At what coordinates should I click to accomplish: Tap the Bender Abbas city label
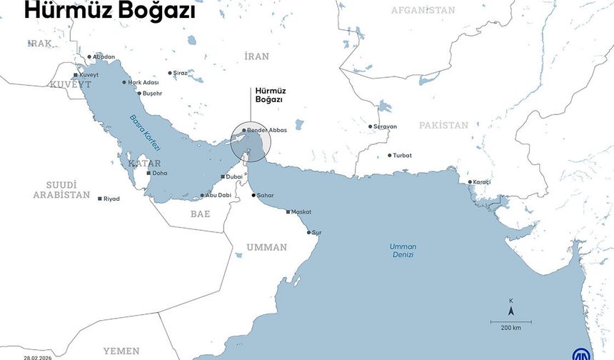click(268, 130)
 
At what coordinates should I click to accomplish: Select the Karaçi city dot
click(470, 182)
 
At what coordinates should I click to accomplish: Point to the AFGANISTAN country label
click(423, 10)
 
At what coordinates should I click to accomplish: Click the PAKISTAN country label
click(443, 125)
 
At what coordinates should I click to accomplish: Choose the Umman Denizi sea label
click(402, 250)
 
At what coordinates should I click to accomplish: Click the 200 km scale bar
click(510, 322)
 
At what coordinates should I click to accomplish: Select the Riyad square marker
click(99, 199)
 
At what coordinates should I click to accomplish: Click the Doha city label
click(160, 173)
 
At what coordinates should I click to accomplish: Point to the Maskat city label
click(301, 212)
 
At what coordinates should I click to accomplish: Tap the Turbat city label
click(403, 155)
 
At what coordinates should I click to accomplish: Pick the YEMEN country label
click(121, 351)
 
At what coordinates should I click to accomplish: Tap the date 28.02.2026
click(38, 357)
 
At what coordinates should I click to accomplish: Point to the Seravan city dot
click(370, 126)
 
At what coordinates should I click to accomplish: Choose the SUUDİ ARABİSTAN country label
click(61, 189)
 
